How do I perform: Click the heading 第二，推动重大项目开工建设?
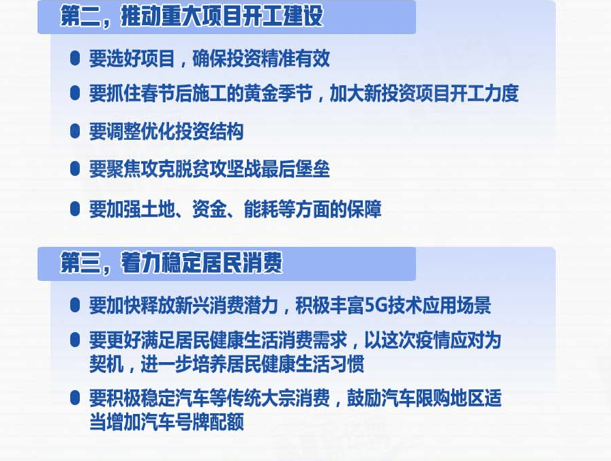(x=192, y=17)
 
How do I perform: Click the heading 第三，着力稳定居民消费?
(x=171, y=263)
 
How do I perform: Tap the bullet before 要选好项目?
(x=75, y=59)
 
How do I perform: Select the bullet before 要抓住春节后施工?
(x=75, y=93)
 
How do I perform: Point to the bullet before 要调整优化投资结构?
(x=75, y=131)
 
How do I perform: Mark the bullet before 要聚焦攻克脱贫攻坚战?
(x=75, y=168)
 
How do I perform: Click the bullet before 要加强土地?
(x=75, y=209)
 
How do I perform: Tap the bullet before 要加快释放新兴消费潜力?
(x=75, y=305)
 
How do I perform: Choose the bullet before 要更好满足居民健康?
(x=75, y=340)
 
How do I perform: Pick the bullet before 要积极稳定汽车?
(x=75, y=398)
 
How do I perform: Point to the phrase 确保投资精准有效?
(x=260, y=59)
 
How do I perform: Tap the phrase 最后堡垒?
(x=295, y=168)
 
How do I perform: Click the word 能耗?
(x=261, y=209)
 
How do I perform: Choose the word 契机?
(x=106, y=363)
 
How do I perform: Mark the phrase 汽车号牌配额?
(x=192, y=421)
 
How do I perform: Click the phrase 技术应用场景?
(x=438, y=305)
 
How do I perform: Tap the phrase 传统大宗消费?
(x=278, y=398)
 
